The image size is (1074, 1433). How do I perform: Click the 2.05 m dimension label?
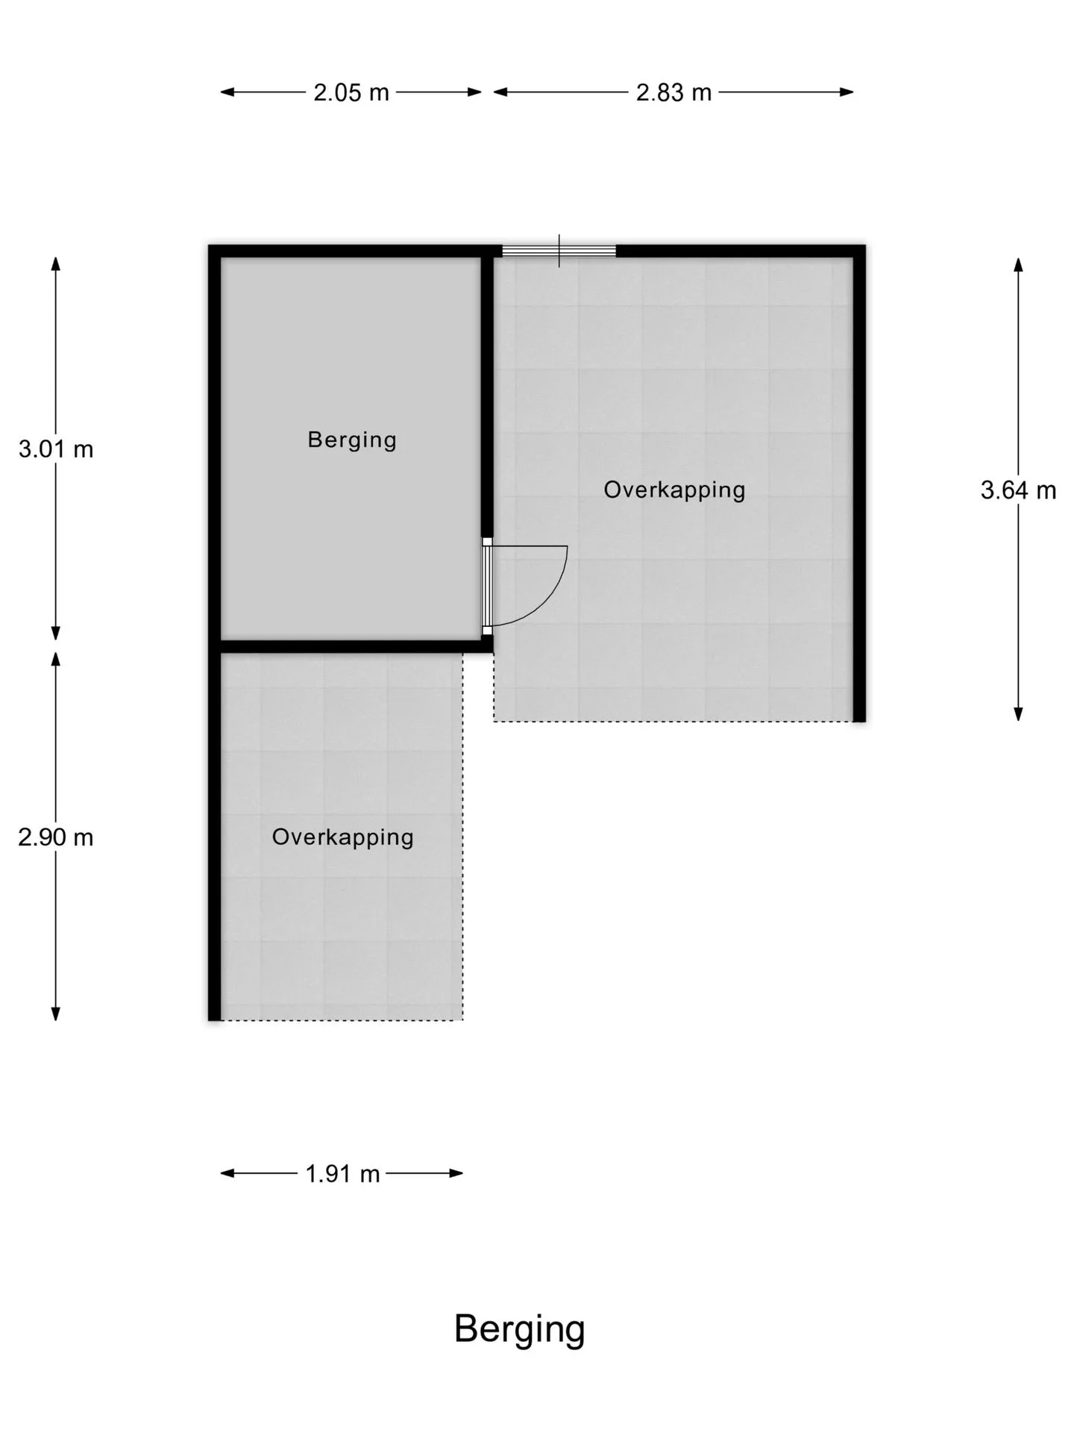click(x=351, y=93)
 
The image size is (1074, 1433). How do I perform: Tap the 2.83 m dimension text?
click(x=673, y=93)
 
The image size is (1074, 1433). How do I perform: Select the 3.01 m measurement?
click(x=56, y=449)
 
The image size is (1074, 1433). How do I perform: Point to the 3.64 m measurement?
click(x=1018, y=490)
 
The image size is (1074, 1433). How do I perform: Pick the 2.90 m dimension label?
click(x=56, y=837)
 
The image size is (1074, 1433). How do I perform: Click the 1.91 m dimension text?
click(x=342, y=1174)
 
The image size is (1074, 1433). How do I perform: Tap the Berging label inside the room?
click(x=352, y=440)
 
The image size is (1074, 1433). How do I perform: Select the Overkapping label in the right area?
click(x=674, y=490)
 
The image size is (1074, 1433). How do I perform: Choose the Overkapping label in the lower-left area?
click(x=342, y=837)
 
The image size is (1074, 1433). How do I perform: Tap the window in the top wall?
click(x=559, y=251)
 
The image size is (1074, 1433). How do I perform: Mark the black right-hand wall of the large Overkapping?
click(x=859, y=483)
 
